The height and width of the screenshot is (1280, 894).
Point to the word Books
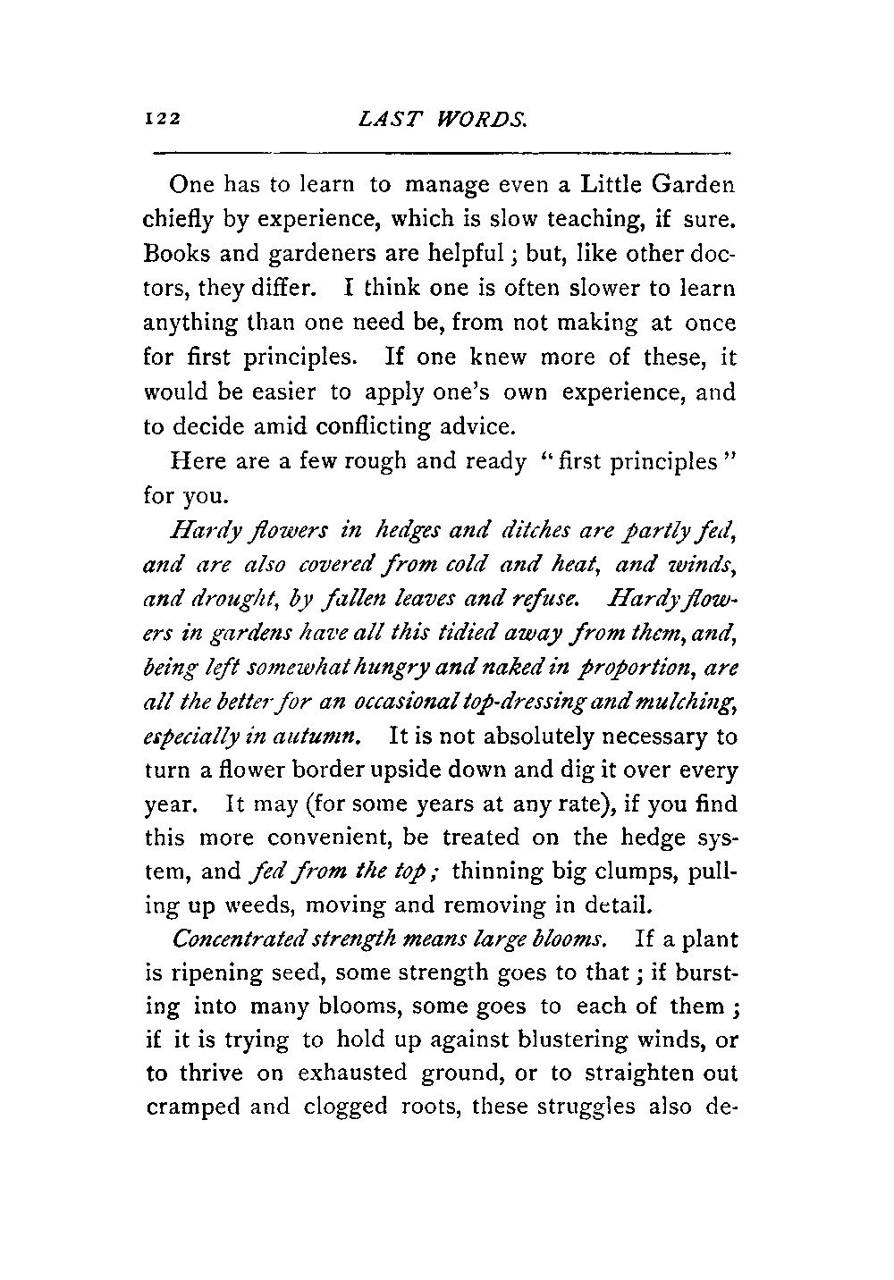click(176, 253)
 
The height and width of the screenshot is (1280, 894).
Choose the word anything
click(186, 323)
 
